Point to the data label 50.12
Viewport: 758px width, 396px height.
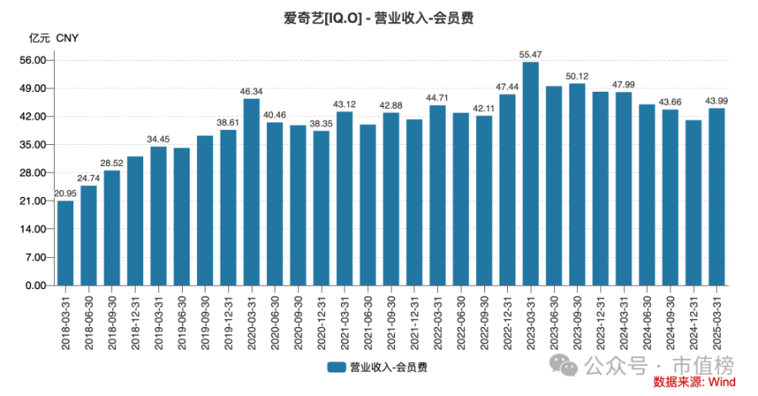[x=576, y=76]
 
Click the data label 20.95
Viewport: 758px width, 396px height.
[x=66, y=194]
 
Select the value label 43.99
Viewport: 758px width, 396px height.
[x=716, y=101]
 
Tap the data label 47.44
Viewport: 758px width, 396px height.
[x=507, y=87]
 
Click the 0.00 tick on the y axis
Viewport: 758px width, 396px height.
[x=35, y=286]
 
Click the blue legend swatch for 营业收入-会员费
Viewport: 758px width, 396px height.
[x=336, y=367]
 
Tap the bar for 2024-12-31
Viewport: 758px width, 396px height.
[x=693, y=202]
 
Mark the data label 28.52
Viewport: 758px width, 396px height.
[x=112, y=163]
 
